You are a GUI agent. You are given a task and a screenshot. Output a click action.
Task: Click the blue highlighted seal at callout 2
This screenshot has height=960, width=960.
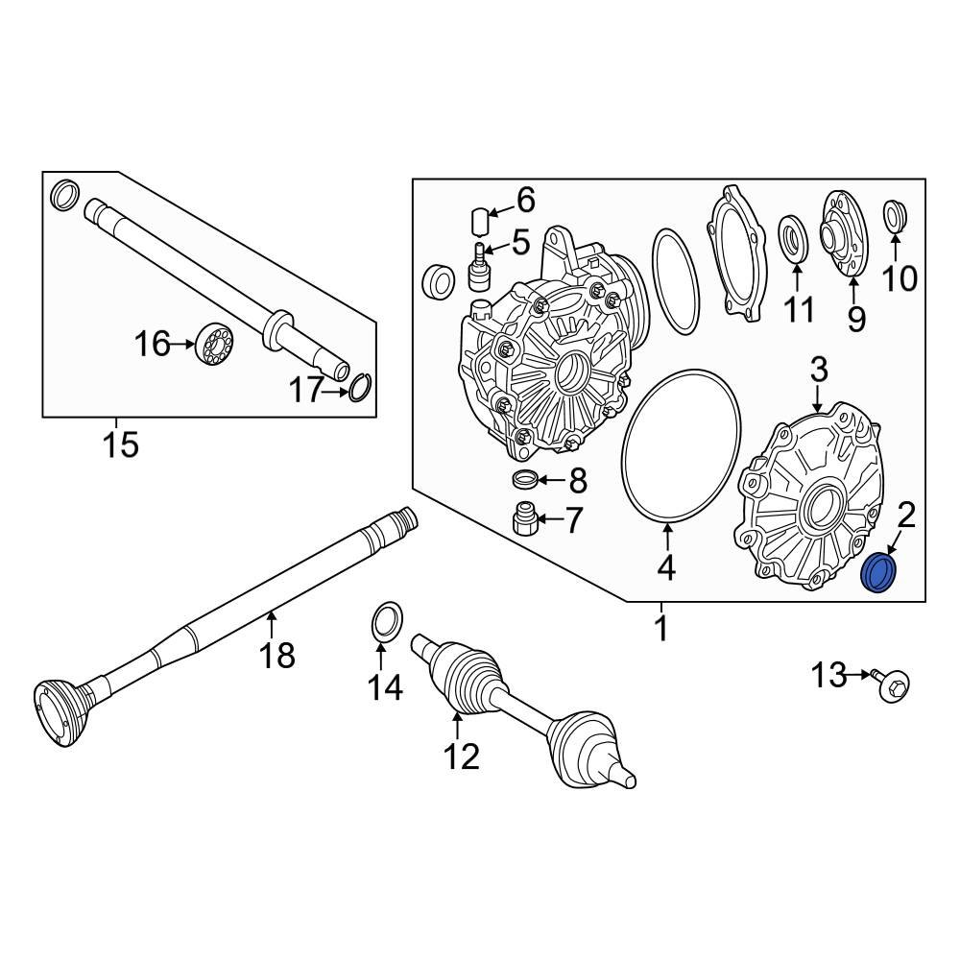879,574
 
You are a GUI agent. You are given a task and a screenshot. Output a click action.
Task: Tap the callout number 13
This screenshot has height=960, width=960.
831,676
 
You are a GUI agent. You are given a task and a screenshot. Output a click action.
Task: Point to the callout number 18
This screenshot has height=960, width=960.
279,657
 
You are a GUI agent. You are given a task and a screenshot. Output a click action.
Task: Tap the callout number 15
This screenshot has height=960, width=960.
121,444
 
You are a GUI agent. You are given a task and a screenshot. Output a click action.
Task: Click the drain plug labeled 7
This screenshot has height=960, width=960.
524,519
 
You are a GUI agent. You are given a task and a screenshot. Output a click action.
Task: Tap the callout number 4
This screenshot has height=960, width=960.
666,569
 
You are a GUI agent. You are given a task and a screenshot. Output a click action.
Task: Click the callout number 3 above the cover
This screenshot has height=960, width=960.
818,369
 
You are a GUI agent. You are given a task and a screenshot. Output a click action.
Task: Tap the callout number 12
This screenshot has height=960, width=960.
460,757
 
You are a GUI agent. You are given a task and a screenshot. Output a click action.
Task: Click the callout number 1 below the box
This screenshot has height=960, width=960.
660,631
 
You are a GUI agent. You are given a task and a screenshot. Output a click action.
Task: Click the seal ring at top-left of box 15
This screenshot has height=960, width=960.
63,195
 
